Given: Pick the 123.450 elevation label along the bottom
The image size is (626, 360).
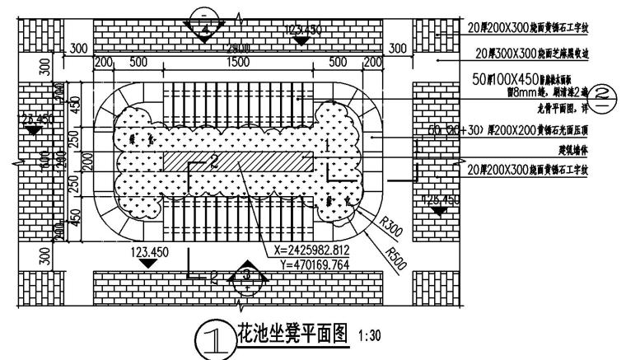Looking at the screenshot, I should point(148,251).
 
